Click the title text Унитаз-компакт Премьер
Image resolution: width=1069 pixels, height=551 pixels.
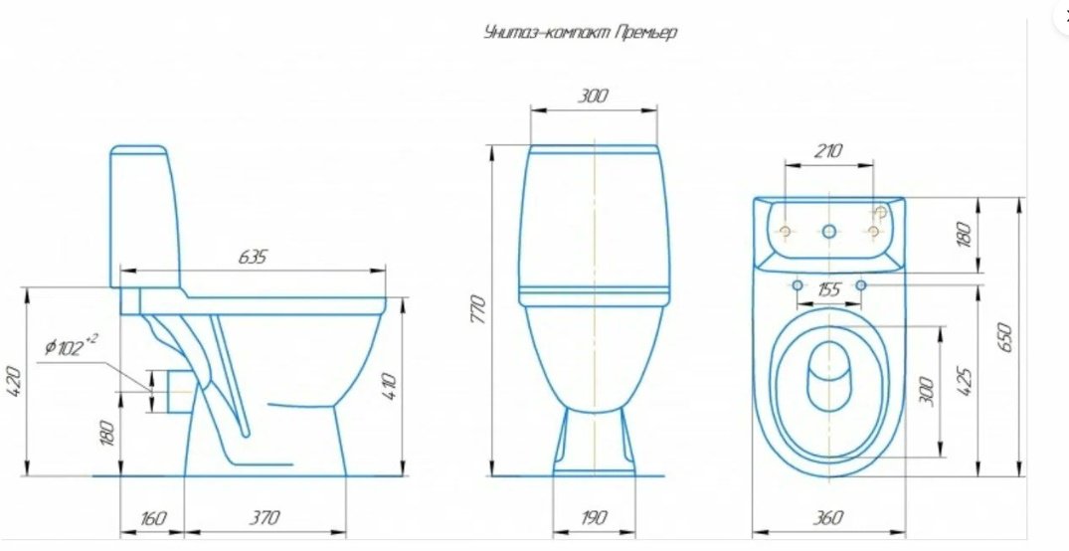tap(580, 33)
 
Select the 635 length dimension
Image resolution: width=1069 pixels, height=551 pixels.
tap(253, 257)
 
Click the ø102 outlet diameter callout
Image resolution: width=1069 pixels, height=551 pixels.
tap(72, 347)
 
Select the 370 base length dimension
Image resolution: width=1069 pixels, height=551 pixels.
tap(264, 518)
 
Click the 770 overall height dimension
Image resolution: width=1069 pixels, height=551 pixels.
tap(479, 309)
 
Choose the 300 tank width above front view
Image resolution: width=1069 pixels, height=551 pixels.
tap(593, 96)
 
